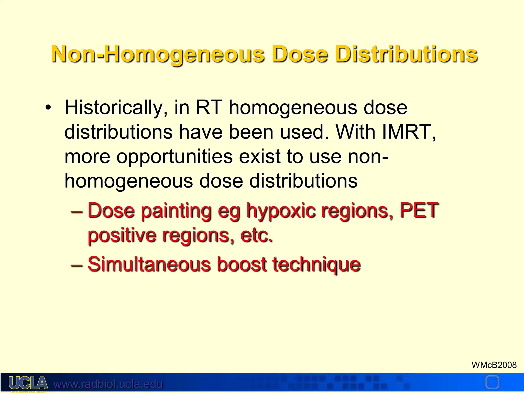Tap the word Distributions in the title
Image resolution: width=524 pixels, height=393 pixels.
(x=406, y=54)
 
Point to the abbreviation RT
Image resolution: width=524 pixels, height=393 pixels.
(x=209, y=107)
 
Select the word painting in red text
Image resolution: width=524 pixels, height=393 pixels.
(x=176, y=211)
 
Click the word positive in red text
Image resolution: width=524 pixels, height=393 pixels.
(x=122, y=235)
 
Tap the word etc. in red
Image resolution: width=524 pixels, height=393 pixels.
(x=256, y=235)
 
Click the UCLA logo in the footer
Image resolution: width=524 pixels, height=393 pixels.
(x=28, y=383)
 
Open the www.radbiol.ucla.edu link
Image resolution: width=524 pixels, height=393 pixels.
(x=108, y=384)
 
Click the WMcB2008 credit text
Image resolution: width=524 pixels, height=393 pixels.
(x=494, y=365)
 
